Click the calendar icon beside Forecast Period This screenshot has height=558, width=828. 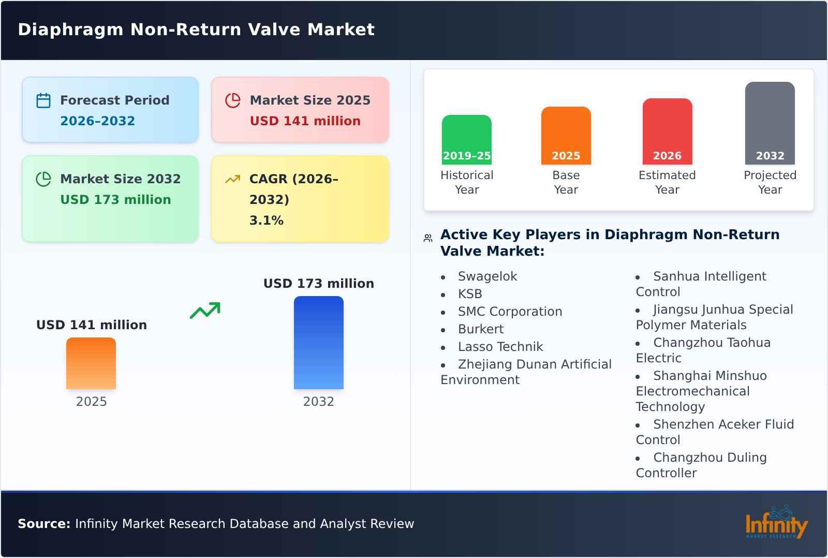(x=43, y=100)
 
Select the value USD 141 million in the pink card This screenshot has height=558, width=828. (x=305, y=121)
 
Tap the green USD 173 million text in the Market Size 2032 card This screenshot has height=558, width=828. (x=115, y=199)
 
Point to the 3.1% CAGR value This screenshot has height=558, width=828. (x=266, y=220)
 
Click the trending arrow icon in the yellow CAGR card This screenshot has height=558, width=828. (x=232, y=179)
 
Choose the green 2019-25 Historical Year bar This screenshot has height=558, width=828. (x=466, y=140)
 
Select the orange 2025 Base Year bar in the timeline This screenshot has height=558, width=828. (x=566, y=136)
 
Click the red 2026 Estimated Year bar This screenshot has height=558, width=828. (x=667, y=131)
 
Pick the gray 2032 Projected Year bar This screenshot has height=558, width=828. (x=770, y=123)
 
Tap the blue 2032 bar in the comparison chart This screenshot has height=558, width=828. (x=318, y=343)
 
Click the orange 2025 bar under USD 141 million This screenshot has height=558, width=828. (x=91, y=363)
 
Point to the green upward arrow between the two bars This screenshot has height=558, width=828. (x=205, y=311)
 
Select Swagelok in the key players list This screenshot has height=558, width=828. (x=487, y=276)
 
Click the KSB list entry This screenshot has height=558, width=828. (x=470, y=294)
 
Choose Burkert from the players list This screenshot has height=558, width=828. (x=480, y=329)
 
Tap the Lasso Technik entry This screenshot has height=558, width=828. (x=500, y=347)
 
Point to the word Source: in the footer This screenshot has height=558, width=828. (x=44, y=524)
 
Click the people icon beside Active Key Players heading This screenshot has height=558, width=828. (x=428, y=238)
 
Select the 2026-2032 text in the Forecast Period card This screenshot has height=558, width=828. (x=97, y=121)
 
